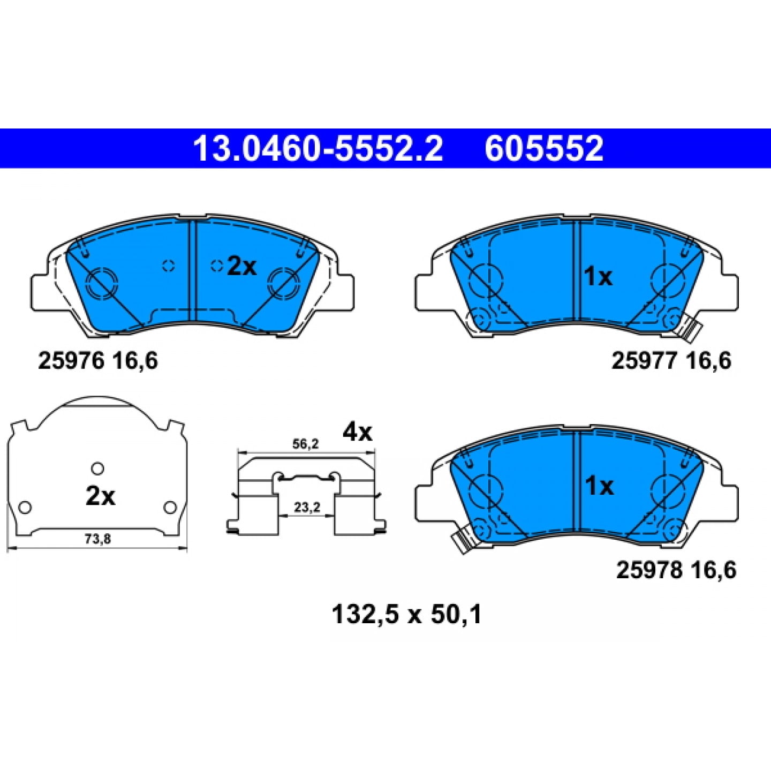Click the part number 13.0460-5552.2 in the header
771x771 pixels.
[318, 148]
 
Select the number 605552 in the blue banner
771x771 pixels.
[544, 148]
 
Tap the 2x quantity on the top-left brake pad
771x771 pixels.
[241, 266]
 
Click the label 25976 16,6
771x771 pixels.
[98, 361]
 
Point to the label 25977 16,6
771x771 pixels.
[671, 361]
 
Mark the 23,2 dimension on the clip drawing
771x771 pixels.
[307, 508]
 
